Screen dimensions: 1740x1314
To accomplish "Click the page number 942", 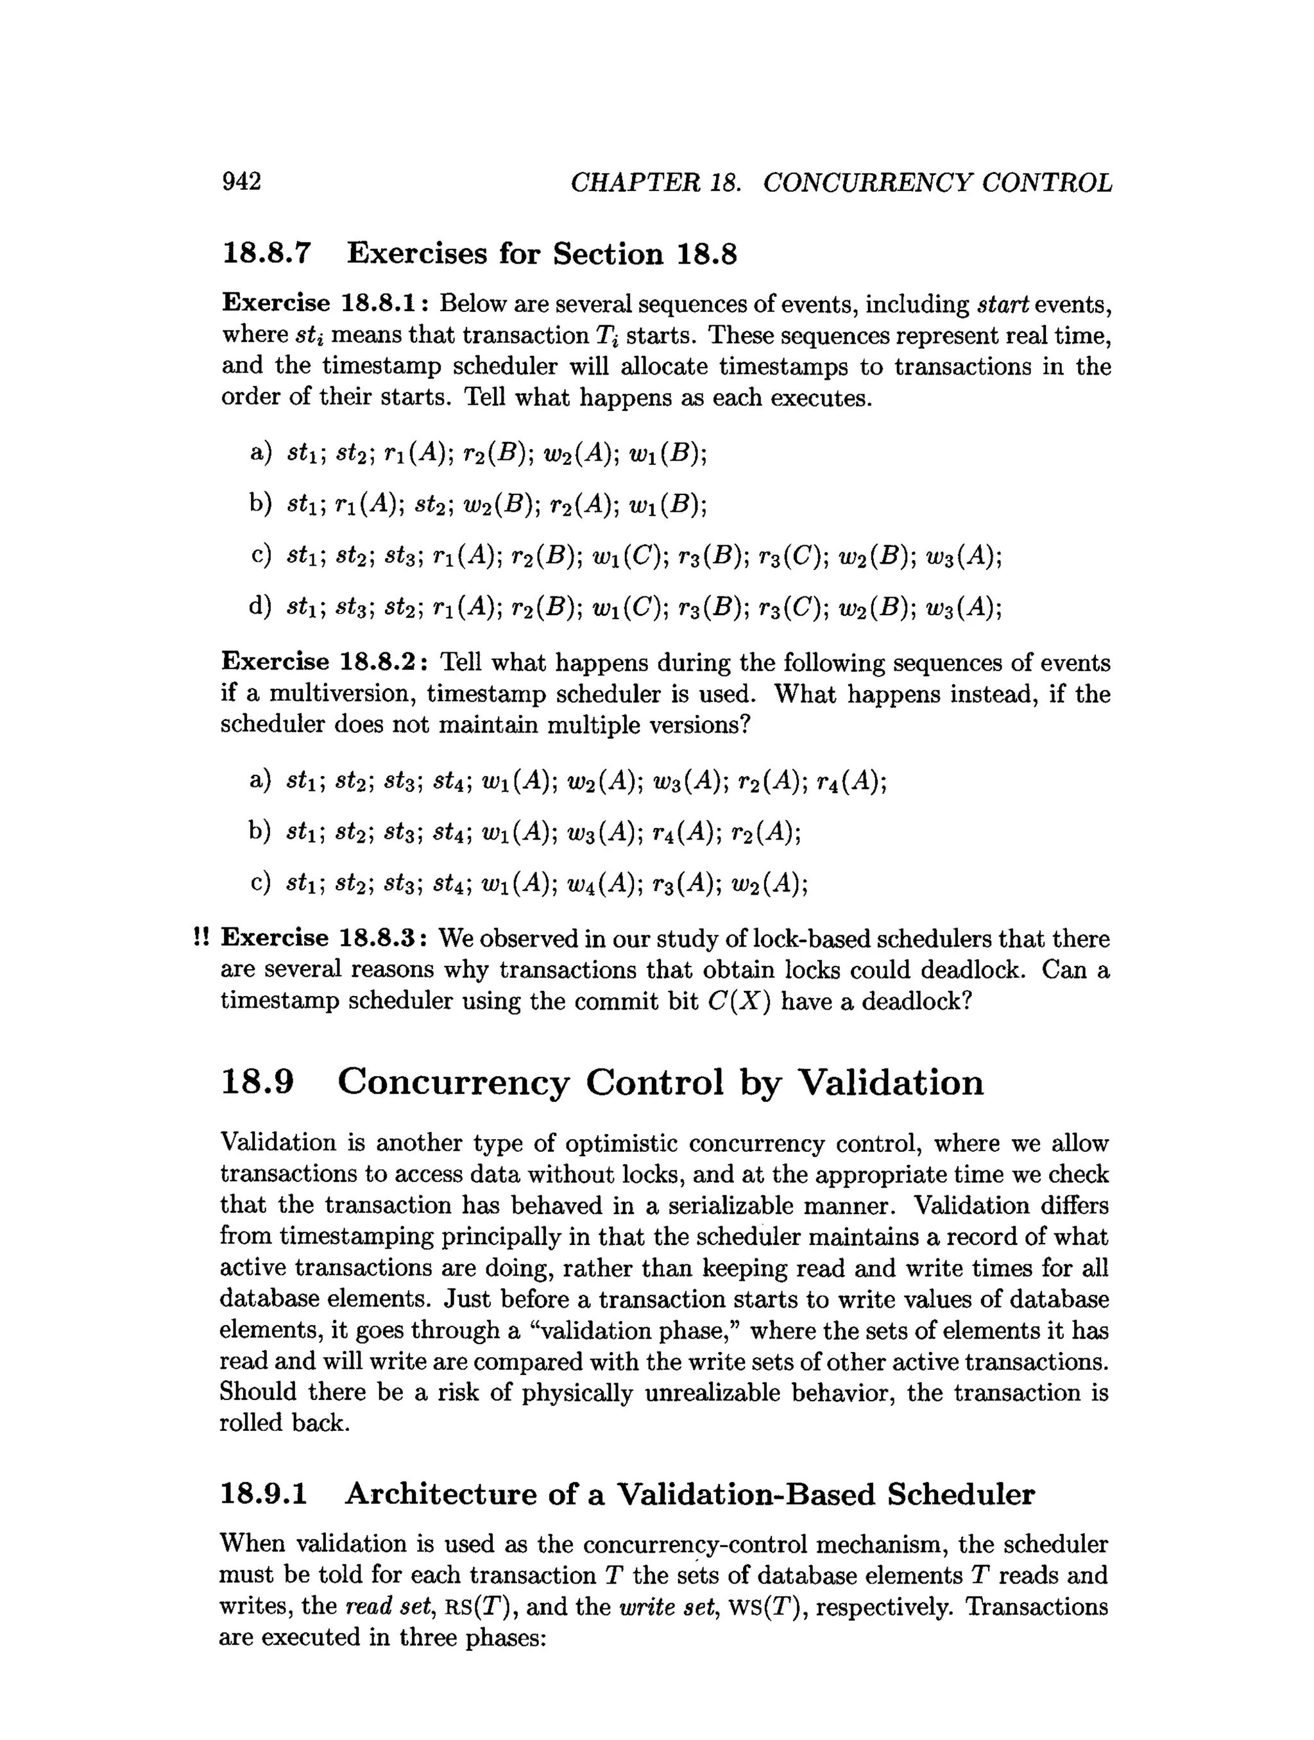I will click(x=241, y=182).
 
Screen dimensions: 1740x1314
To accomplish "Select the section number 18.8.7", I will click(x=267, y=253).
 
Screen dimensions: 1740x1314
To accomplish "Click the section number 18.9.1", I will click(x=264, y=1494).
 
